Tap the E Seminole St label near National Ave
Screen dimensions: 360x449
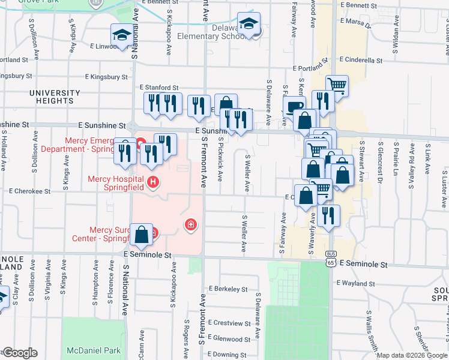tap(148, 255)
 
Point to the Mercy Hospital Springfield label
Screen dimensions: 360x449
tap(115, 182)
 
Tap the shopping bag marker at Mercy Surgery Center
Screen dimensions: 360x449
tap(141, 235)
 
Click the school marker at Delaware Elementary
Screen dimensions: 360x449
tap(249, 25)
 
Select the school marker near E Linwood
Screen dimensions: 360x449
tap(122, 35)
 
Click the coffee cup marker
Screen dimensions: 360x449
tap(295, 107)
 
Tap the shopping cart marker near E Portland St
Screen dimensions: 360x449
tap(337, 86)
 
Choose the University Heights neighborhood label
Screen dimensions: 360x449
tap(54, 97)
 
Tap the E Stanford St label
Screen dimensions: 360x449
tap(160, 88)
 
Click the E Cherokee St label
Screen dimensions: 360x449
tap(30, 191)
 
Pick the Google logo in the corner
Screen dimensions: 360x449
tap(19, 353)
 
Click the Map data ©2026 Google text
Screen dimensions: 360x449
tap(411, 355)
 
